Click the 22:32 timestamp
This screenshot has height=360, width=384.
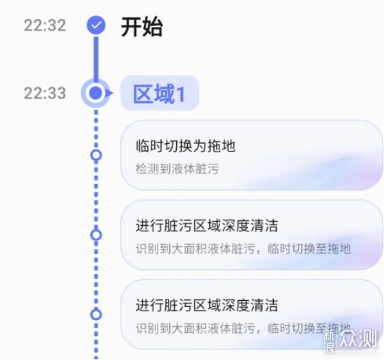click(45, 25)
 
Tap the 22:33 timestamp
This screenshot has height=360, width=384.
click(45, 93)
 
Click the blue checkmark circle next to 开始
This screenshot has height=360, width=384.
click(96, 25)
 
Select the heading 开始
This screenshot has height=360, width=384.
click(142, 27)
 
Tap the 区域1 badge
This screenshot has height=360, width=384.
click(160, 93)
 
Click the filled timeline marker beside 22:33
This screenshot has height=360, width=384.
click(96, 93)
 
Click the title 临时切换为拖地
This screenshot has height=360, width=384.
click(186, 146)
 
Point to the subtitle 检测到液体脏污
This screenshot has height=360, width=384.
click(177, 169)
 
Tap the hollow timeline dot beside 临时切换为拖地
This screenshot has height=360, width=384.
click(96, 156)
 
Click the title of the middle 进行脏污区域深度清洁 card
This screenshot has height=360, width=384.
click(207, 226)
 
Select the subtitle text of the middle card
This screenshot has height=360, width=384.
click(244, 248)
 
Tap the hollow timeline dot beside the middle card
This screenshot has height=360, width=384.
click(96, 235)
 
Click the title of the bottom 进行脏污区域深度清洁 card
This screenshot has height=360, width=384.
click(207, 305)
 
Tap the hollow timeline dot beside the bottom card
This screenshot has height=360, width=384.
click(96, 315)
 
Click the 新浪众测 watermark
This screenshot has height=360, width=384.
click(350, 340)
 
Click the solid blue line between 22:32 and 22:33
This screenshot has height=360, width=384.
click(96, 58)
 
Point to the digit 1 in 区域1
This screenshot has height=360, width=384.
click(181, 94)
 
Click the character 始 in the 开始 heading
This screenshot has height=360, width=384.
click(153, 27)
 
